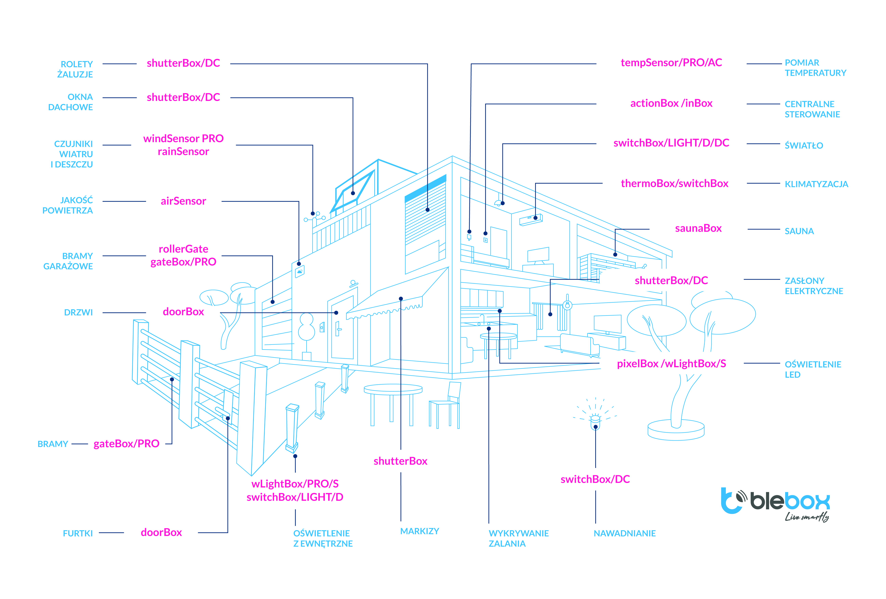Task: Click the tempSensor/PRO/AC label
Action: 671,63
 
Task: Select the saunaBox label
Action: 698,228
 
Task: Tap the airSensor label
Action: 183,201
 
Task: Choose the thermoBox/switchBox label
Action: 674,184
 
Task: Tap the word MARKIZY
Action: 419,531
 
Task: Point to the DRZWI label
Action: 79,312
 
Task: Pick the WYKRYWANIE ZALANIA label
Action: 519,538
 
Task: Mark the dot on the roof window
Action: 353,193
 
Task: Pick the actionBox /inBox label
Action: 671,103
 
